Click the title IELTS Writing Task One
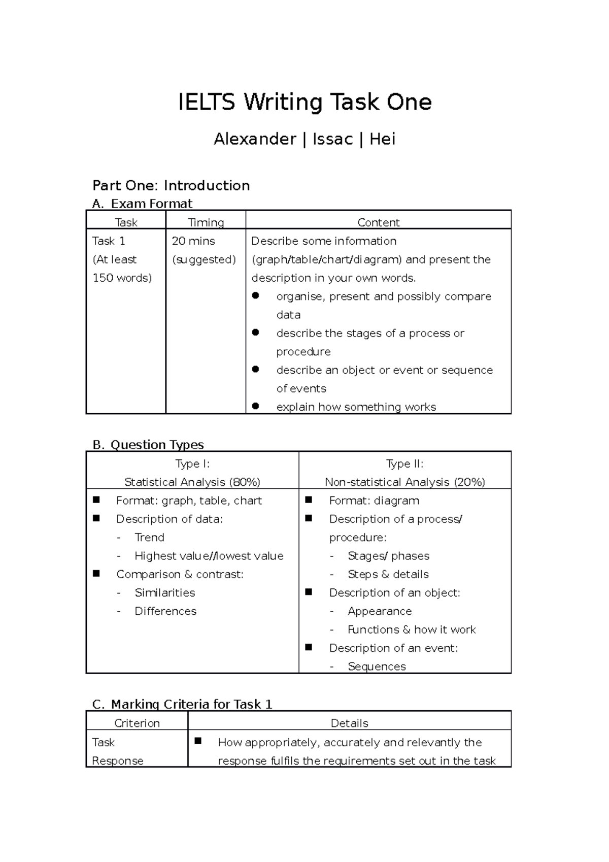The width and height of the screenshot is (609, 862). click(304, 103)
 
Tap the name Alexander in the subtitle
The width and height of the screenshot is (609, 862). click(255, 139)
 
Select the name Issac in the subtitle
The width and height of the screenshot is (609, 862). click(332, 139)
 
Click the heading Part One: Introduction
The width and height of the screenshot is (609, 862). click(171, 185)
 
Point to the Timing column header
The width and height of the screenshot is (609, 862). click(206, 222)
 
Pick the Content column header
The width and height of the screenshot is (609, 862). click(378, 222)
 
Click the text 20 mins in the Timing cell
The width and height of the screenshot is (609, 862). click(193, 241)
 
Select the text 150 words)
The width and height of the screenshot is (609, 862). click(122, 278)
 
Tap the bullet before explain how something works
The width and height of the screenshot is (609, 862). click(255, 406)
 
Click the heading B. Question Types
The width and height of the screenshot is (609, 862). click(148, 445)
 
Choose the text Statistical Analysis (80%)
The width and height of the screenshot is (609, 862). click(192, 482)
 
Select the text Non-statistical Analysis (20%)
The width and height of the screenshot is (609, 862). click(404, 482)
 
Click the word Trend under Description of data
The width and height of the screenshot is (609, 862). click(149, 538)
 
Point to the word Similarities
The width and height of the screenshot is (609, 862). click(164, 593)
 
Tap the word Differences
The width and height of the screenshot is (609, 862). click(165, 611)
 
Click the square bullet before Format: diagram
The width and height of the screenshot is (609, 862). click(308, 500)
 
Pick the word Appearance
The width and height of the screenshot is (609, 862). click(380, 611)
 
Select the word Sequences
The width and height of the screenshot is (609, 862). click(377, 667)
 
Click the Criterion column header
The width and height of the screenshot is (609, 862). click(137, 723)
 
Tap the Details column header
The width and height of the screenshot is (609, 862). click(349, 723)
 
